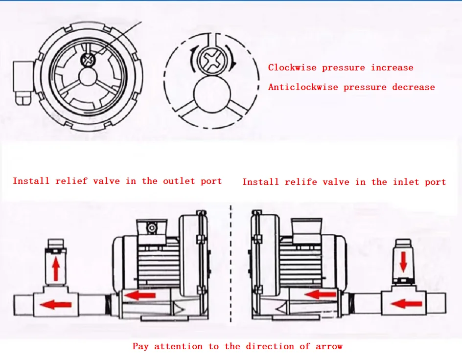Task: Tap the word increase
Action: (392, 68)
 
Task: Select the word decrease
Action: (414, 88)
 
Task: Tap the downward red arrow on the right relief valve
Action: (403, 262)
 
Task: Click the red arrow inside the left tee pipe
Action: (55, 305)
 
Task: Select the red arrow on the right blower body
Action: (321, 294)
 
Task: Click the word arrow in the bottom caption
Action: (329, 346)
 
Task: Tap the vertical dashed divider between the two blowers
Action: (231, 264)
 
